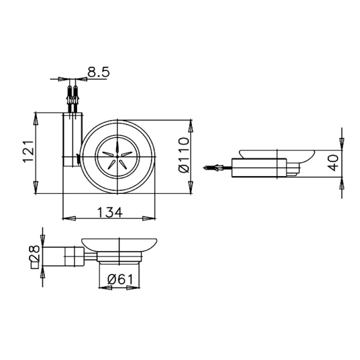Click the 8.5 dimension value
click(x=98, y=72)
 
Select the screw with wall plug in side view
click(x=214, y=168)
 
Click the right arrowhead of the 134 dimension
click(x=150, y=218)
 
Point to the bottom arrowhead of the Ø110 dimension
click(x=191, y=188)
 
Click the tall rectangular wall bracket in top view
click(x=72, y=140)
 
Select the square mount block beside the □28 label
click(x=74, y=256)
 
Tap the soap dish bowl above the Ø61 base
click(x=119, y=244)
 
